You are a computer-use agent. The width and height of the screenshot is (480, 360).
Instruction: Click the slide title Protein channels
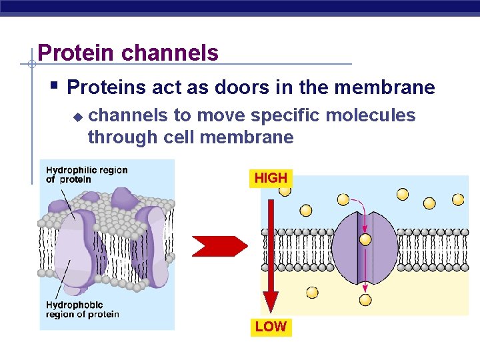tap(128, 53)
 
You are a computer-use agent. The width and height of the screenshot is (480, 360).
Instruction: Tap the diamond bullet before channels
tap(77, 117)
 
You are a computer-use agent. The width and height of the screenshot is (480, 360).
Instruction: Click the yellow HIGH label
tap(271, 178)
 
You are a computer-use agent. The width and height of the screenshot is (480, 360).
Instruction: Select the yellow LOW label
tap(271, 326)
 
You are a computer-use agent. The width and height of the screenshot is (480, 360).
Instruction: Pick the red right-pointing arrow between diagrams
tap(219, 246)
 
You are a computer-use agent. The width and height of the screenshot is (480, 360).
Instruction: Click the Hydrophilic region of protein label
tap(86, 175)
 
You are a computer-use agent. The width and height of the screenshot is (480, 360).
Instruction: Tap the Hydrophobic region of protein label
tap(82, 309)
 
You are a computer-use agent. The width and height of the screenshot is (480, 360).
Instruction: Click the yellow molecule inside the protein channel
tap(365, 239)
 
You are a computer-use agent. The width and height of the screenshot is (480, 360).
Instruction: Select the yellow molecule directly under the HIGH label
tap(285, 191)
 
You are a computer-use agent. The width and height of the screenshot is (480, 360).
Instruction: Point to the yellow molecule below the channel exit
tap(365, 300)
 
